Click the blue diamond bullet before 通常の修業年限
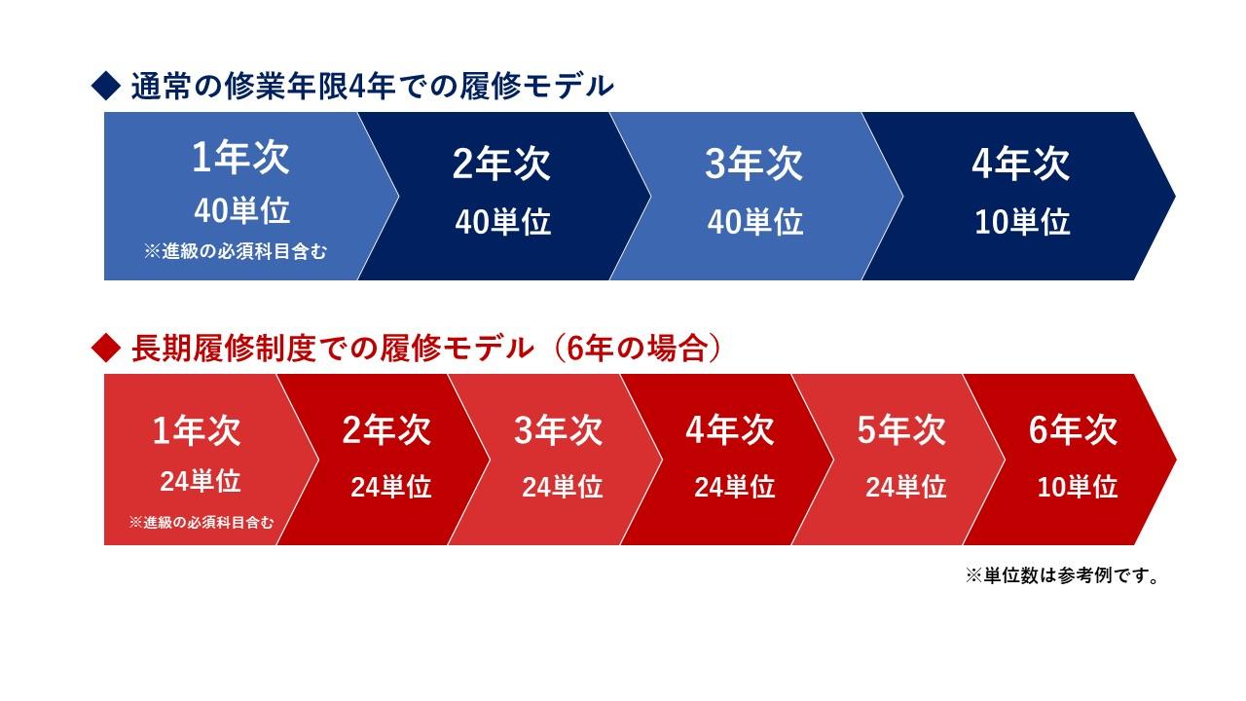click(x=103, y=88)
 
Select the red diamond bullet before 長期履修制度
click(x=103, y=349)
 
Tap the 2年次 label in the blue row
click(x=501, y=165)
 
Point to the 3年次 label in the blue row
click(x=754, y=165)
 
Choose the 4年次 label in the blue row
click(x=1021, y=165)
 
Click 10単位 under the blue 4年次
click(x=1022, y=222)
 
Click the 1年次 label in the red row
click(x=197, y=430)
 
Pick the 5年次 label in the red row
click(x=901, y=430)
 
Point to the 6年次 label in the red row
click(x=1073, y=430)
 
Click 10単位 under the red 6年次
click(x=1078, y=487)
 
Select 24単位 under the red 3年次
click(x=563, y=487)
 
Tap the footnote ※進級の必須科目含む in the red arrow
click(x=202, y=523)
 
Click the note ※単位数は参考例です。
click(x=1062, y=576)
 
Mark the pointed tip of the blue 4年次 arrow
click(x=1174, y=196)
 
